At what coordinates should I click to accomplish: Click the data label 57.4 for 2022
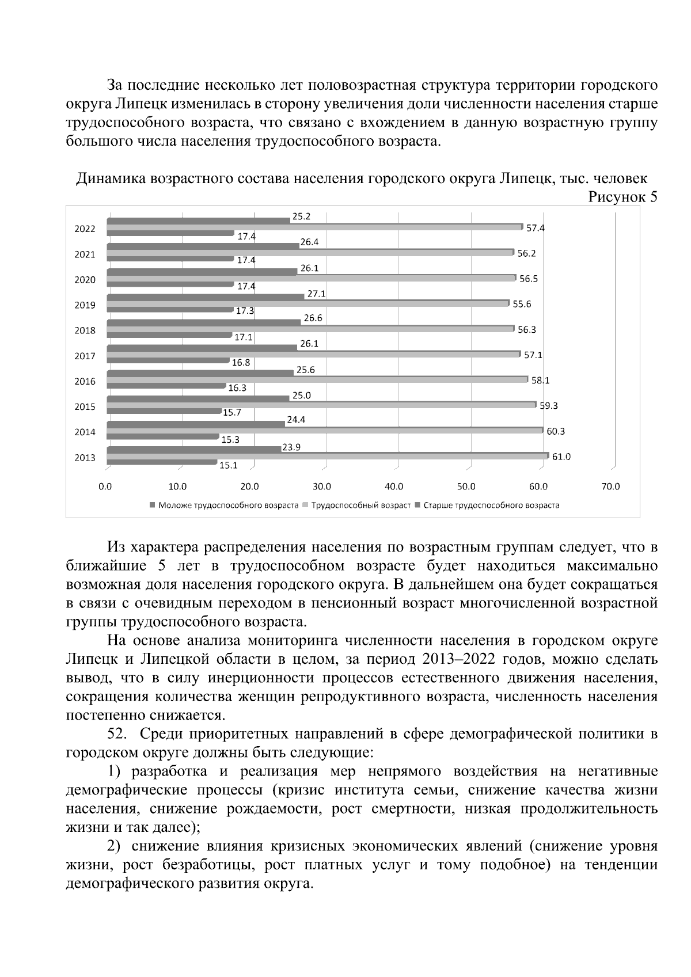point(536,228)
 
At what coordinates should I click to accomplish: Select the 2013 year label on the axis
point(85,458)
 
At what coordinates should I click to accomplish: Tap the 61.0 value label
point(561,457)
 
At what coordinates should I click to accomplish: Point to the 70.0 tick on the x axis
point(610,487)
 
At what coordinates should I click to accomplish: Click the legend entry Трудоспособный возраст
point(360,505)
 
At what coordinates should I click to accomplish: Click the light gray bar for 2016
point(317,379)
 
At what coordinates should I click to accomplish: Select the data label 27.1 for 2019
point(316,294)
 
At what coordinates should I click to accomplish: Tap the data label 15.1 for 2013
point(229,465)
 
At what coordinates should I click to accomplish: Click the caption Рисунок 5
point(622,197)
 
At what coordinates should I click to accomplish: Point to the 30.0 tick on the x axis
point(322,487)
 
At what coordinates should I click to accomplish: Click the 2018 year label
point(85,331)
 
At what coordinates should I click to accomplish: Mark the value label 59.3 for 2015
point(549,406)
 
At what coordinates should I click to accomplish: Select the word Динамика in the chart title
point(112,179)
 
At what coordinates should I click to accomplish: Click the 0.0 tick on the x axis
point(105,487)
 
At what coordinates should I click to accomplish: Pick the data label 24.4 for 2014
point(296,420)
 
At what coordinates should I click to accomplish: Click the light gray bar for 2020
point(311,278)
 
